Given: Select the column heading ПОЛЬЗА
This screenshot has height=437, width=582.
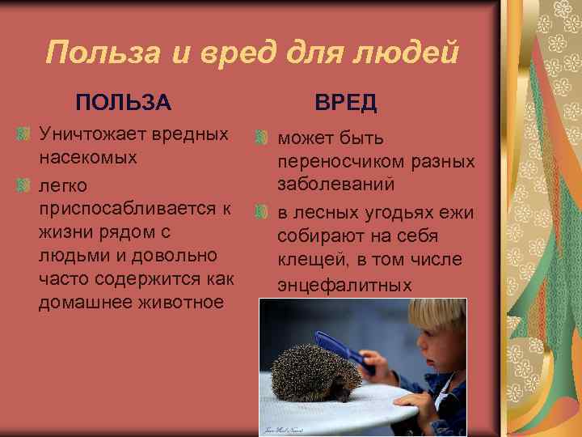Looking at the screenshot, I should coord(123,103).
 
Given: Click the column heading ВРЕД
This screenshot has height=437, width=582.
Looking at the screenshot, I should coord(345,103).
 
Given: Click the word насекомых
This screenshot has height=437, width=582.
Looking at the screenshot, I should coord(88,156).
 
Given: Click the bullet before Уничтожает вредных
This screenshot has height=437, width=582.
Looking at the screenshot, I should coord(24,133).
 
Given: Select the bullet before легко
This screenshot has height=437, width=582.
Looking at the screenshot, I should coord(24,185).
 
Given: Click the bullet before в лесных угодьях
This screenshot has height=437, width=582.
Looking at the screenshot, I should coord(261,213).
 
